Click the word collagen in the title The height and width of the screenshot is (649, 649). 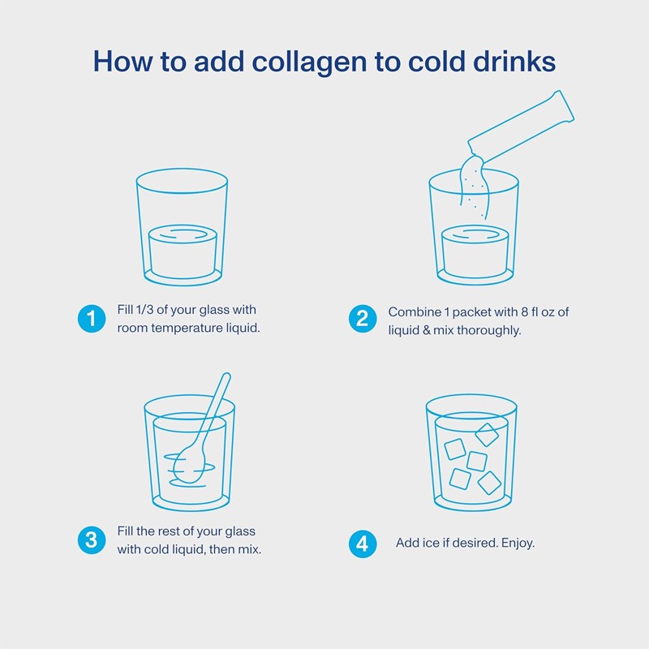(x=309, y=62)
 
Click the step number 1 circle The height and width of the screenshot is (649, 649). (x=92, y=319)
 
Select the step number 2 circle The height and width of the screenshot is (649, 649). (x=363, y=319)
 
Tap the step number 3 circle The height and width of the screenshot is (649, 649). (x=92, y=540)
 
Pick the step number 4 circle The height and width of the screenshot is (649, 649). (x=363, y=544)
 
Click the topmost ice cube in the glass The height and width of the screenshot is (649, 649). (x=486, y=434)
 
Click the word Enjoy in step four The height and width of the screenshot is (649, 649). (x=518, y=543)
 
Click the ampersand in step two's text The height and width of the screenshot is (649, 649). (x=427, y=331)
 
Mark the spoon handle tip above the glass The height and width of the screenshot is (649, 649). (x=226, y=376)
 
